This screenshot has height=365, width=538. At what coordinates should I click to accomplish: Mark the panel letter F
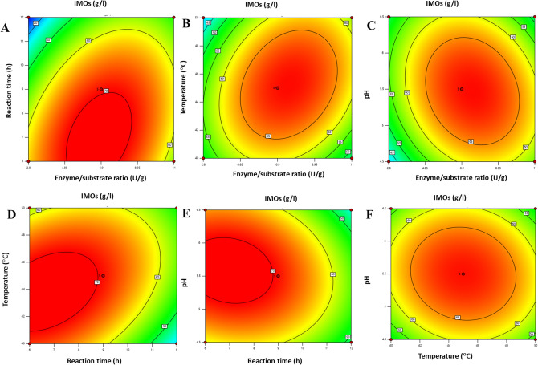tap(367, 215)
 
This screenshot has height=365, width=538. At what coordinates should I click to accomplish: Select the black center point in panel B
tap(278, 87)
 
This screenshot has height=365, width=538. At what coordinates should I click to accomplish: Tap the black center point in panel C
tap(462, 89)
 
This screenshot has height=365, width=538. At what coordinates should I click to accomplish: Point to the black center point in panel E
tap(279, 276)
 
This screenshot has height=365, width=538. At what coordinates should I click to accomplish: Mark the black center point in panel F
tap(463, 274)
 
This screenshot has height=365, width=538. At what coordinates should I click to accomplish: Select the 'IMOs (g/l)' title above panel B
tap(279, 6)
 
